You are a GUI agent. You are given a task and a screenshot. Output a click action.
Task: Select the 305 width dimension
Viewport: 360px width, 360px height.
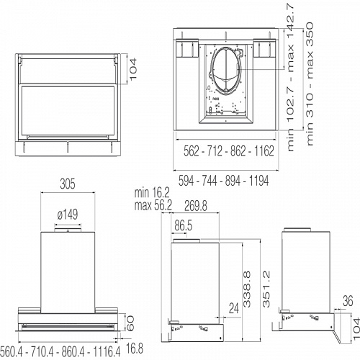click(x=67, y=184)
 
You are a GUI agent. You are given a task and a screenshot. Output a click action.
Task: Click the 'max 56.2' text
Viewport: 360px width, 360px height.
click(x=152, y=205)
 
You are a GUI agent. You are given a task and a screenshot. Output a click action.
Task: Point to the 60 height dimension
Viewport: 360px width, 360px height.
click(x=130, y=322)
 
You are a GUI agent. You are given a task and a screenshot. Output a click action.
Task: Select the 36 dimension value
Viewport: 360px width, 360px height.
click(x=347, y=301)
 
